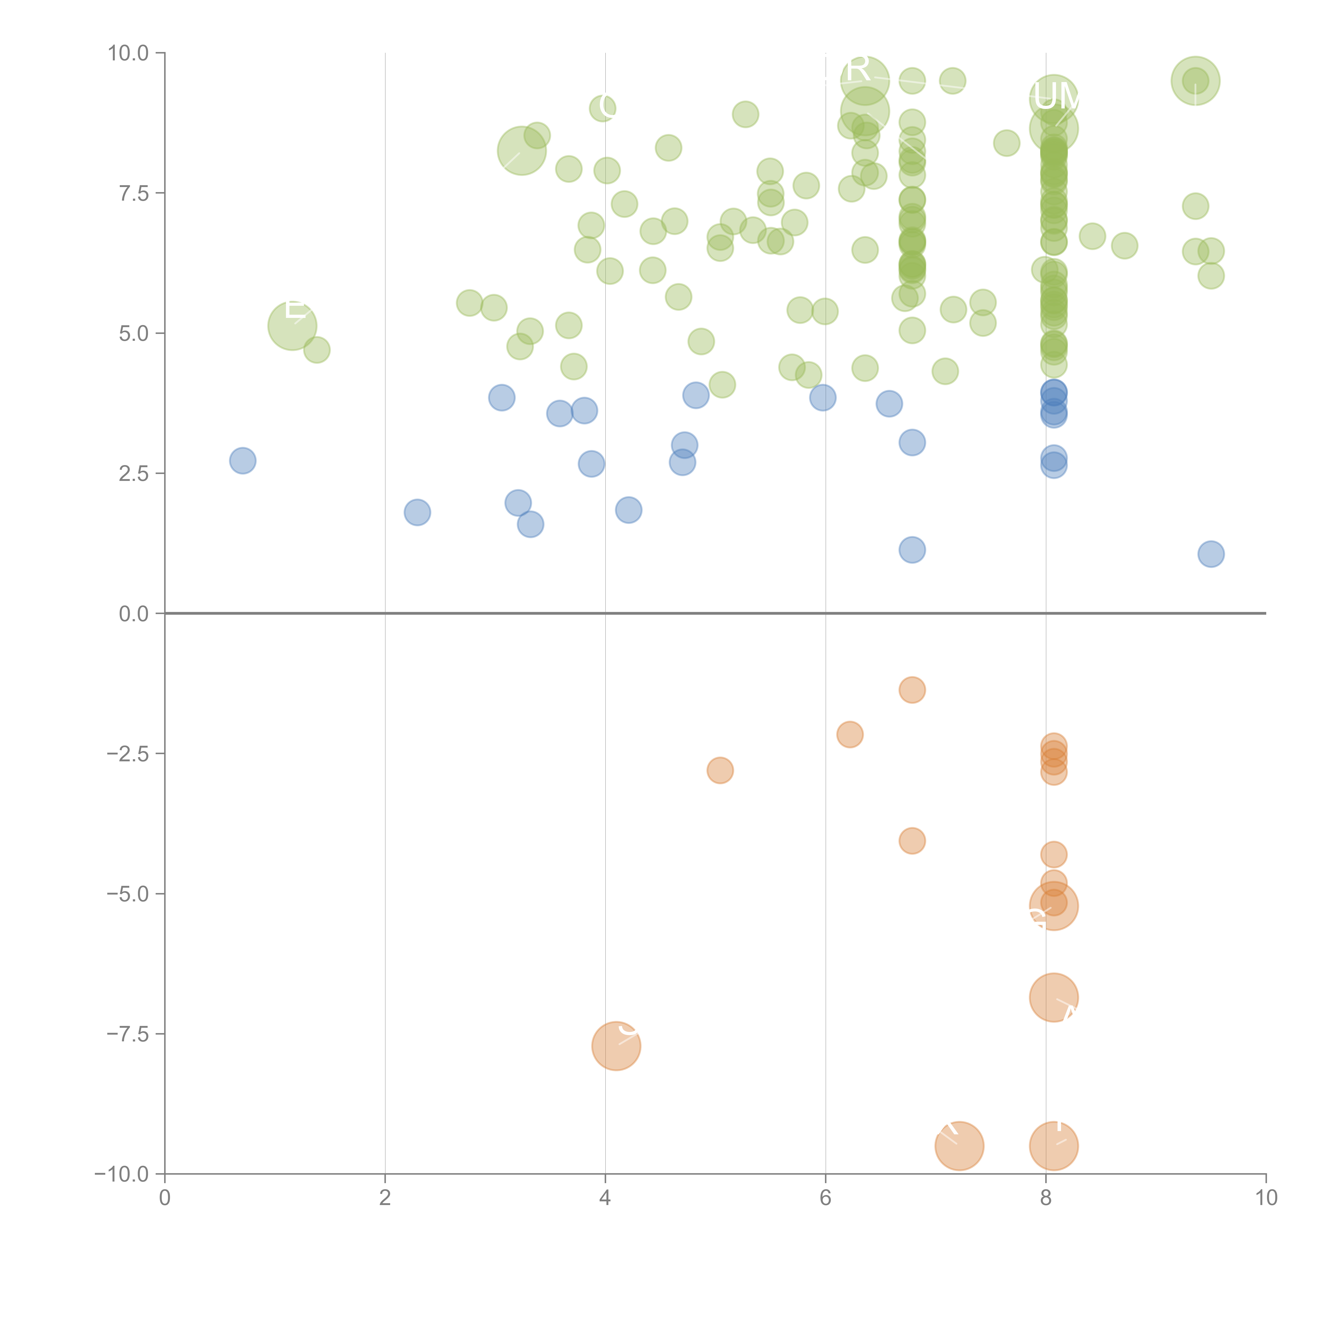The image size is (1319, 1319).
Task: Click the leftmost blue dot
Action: click(242, 461)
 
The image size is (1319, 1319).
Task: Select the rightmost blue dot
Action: click(1211, 554)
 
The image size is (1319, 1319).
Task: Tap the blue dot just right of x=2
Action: click(417, 512)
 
